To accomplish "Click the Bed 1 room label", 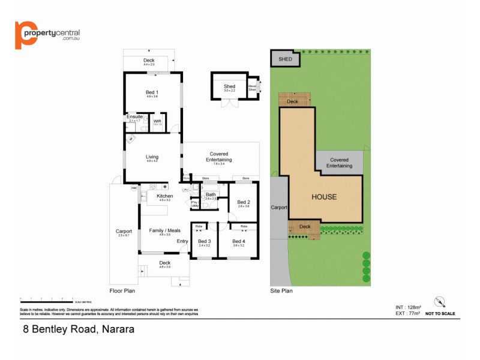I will [151, 92].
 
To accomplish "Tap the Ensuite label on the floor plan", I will [134, 116].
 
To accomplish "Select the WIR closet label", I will [157, 121].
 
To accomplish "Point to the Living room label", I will [152, 157].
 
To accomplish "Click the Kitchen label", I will [164, 196].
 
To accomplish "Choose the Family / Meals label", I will [165, 230].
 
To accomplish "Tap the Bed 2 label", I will [243, 202].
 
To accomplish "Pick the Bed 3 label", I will [205, 241].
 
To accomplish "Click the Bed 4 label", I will [238, 241].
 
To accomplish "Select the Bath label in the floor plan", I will [211, 194].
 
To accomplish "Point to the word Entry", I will [182, 241].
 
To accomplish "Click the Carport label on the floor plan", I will [124, 231].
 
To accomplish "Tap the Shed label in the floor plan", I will [229, 86].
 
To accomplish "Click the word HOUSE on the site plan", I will [323, 197].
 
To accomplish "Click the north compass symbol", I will [440, 302].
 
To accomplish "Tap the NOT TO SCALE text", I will [440, 313].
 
